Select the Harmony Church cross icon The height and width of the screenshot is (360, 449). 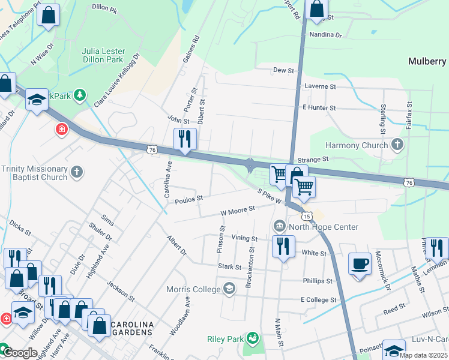point(396,145)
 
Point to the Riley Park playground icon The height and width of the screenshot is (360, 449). point(252,339)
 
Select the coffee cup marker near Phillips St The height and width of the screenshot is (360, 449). point(360,265)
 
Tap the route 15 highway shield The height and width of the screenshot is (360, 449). point(306,215)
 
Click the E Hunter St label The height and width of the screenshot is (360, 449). point(319,107)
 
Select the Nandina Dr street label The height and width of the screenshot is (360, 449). point(325,35)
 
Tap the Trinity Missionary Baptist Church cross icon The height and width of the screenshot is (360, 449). point(76,173)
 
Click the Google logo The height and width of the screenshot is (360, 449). point(20,353)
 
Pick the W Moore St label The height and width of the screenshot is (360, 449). point(238,210)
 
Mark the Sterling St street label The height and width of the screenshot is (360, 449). point(382,119)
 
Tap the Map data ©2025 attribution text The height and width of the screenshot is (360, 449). point(423,355)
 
